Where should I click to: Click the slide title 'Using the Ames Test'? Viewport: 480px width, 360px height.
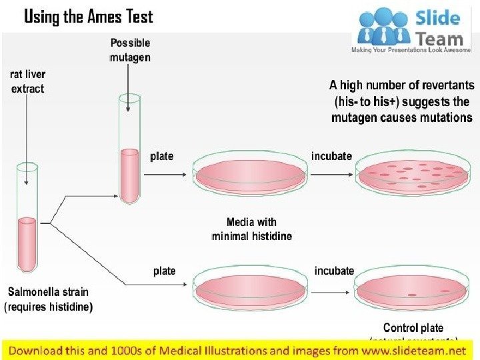(x=89, y=17)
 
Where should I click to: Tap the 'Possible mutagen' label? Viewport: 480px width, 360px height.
(x=130, y=50)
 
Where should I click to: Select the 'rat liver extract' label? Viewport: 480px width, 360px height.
(x=27, y=81)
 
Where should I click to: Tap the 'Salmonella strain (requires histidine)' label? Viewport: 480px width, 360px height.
(x=48, y=299)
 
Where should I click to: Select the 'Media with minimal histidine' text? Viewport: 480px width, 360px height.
(x=251, y=229)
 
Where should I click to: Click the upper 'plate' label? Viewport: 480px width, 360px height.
(x=161, y=156)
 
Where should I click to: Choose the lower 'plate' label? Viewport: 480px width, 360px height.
(x=164, y=271)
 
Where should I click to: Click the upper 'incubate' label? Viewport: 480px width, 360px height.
(x=331, y=156)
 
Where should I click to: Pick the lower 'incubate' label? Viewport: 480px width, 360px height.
(x=334, y=271)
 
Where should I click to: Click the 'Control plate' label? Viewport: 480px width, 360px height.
(x=413, y=327)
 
